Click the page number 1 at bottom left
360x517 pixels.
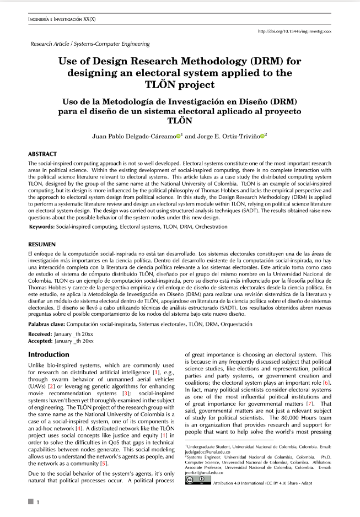pyautogui.click(x=37, y=502)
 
